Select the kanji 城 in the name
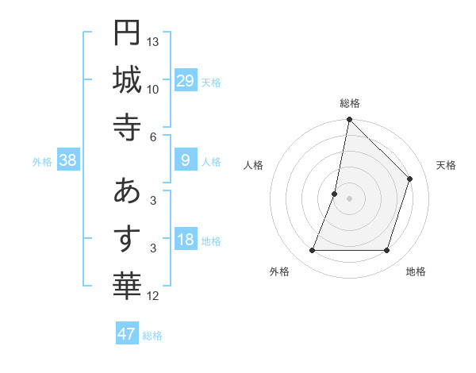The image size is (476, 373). (x=127, y=81)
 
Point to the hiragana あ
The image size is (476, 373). (x=127, y=192)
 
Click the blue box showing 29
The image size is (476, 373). (x=186, y=81)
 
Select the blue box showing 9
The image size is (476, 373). (x=186, y=160)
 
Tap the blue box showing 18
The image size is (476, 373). (x=186, y=240)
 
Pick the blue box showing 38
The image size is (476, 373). (x=68, y=160)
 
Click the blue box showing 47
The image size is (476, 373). (x=127, y=334)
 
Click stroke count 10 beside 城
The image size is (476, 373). (x=153, y=89)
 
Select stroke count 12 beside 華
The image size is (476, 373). (x=153, y=296)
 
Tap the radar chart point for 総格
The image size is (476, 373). (x=349, y=120)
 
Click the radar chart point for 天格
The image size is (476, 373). (x=410, y=179)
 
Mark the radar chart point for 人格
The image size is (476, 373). (x=335, y=194)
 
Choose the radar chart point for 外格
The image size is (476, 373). (x=312, y=251)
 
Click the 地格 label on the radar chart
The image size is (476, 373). (x=416, y=271)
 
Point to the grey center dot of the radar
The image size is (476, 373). (x=349, y=198)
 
